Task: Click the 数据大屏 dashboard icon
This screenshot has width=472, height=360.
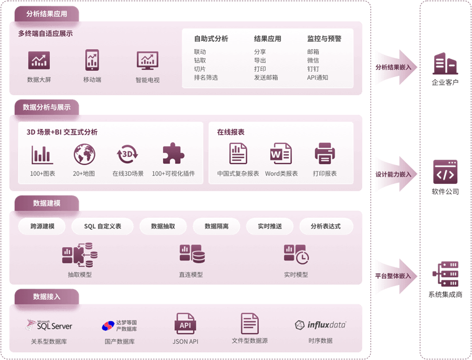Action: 39,61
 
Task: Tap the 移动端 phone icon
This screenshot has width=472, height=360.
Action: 92,60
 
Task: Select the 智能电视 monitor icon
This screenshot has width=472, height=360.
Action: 147,61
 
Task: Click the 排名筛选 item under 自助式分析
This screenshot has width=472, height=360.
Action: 206,78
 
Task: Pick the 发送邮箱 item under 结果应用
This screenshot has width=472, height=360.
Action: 266,78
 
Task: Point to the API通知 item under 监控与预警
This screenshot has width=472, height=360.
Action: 317,78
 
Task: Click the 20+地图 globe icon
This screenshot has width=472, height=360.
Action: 84,154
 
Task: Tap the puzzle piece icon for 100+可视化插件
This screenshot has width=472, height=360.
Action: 173,154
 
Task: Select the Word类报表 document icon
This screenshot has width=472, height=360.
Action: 281,154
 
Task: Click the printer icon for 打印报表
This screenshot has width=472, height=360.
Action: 325,154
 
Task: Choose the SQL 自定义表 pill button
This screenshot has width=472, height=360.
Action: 103,226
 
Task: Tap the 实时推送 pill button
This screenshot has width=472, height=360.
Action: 270,226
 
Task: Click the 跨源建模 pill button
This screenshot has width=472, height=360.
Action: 42,226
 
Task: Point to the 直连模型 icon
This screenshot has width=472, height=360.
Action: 191,254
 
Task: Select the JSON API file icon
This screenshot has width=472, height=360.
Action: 185,324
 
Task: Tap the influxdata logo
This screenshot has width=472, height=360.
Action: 320,325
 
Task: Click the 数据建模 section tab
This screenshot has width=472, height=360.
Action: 47,203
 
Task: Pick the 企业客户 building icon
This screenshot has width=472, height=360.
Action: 445,63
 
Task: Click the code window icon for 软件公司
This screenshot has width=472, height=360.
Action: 445,172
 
